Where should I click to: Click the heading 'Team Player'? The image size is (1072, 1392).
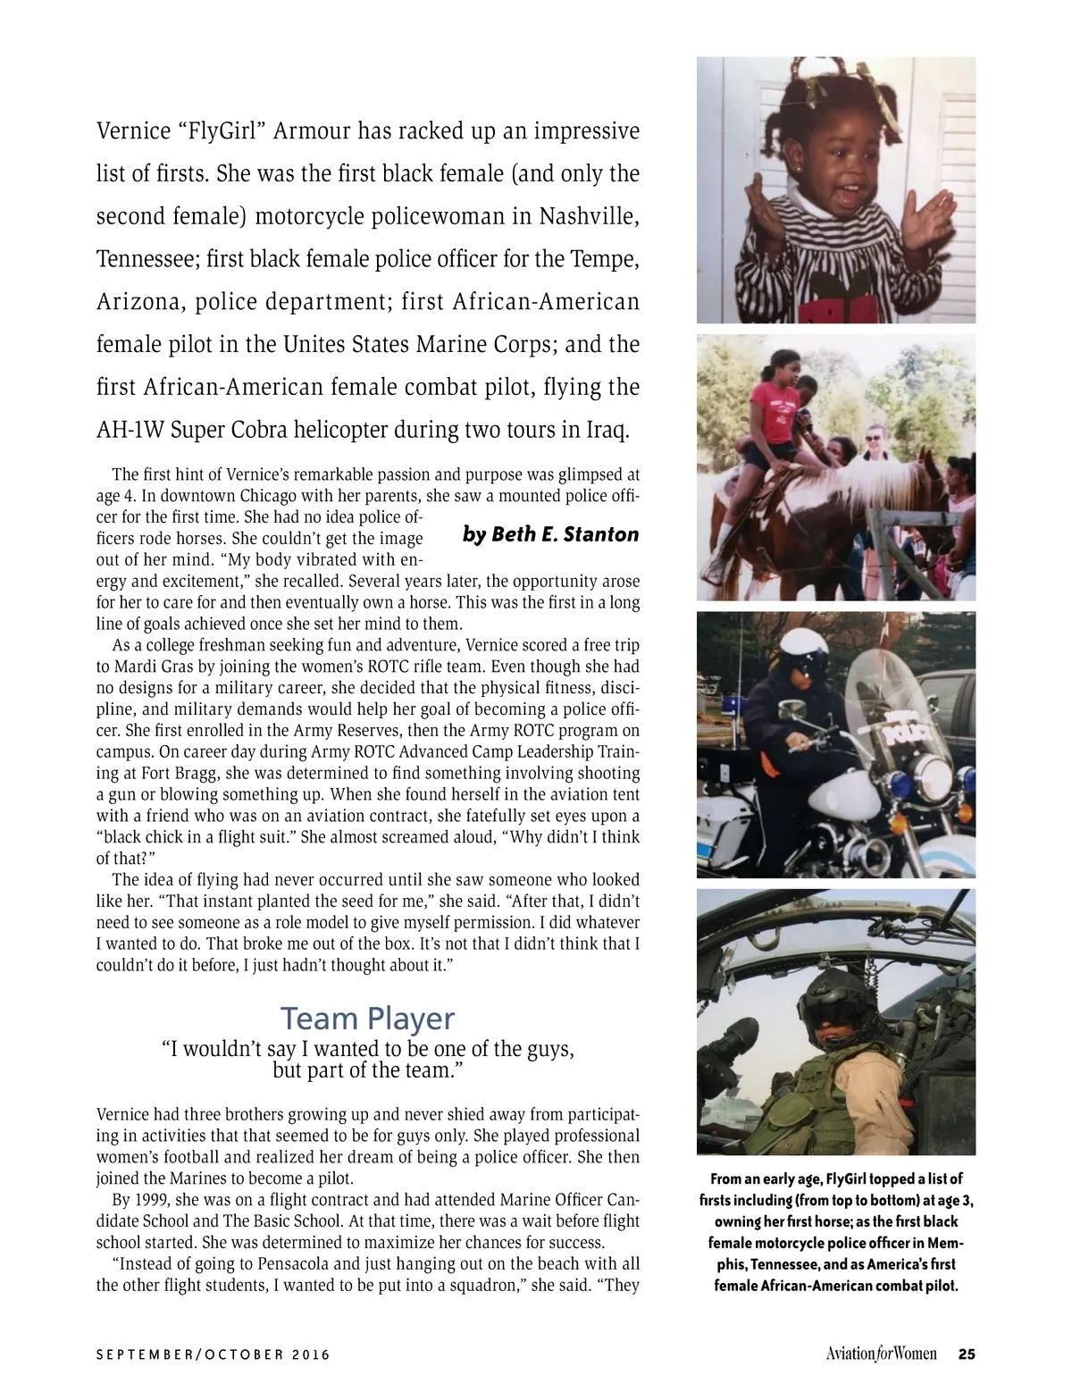click(367, 1018)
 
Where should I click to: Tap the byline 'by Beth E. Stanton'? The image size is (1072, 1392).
click(550, 534)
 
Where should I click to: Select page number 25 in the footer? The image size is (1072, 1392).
click(966, 1354)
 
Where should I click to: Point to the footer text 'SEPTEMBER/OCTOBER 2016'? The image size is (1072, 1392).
click(213, 1354)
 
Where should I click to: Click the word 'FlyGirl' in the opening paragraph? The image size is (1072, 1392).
click(223, 131)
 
